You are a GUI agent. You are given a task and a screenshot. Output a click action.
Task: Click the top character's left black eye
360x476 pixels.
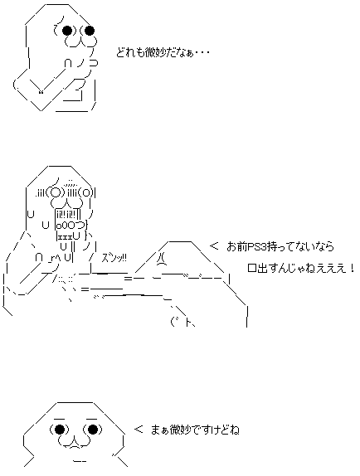[69, 31]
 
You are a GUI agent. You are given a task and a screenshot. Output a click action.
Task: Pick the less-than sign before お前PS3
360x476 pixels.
[214, 245]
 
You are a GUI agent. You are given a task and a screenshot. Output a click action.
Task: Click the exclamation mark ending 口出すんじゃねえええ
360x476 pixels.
[353, 269]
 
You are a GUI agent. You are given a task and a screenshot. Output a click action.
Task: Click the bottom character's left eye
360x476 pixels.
[60, 430]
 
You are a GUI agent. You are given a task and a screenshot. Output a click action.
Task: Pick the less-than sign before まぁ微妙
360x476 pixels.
[138, 430]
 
